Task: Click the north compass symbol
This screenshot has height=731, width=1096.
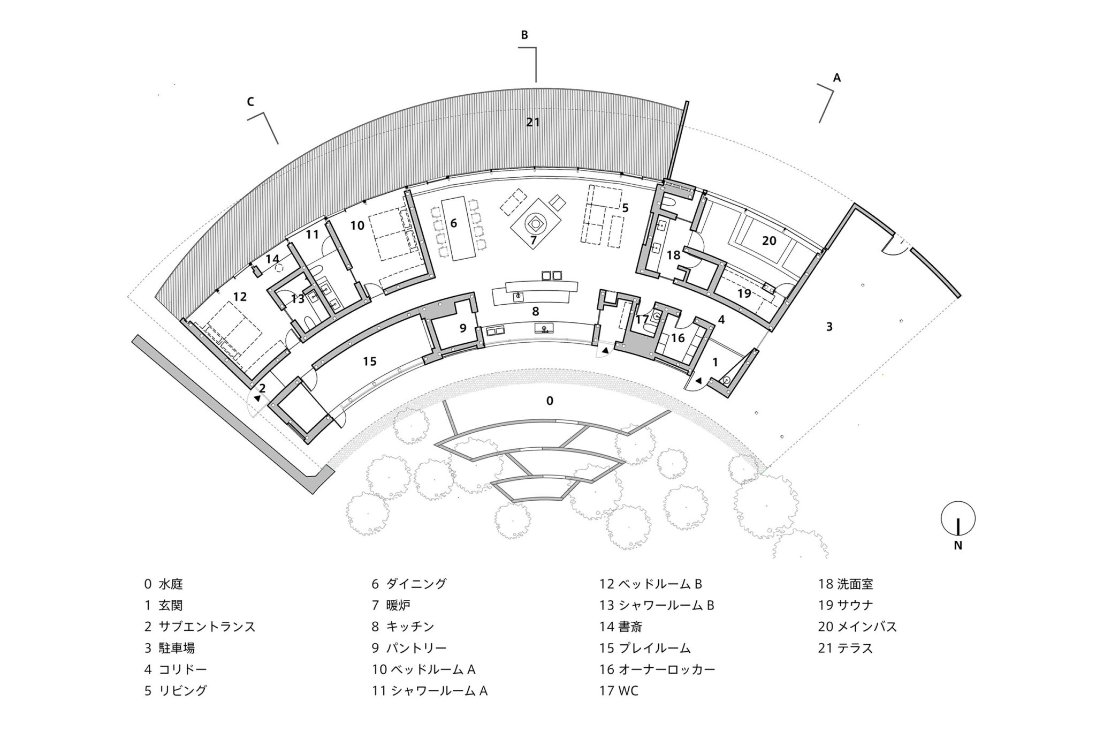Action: tap(958, 518)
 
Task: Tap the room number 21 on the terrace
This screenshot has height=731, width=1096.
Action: tap(532, 122)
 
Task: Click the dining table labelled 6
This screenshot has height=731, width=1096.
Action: tap(454, 228)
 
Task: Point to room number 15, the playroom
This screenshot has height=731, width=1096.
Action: tap(370, 361)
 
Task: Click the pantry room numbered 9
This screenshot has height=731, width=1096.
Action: tap(463, 328)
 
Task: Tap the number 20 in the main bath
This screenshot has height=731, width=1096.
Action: tap(769, 241)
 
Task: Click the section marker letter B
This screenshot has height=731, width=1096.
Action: tap(524, 35)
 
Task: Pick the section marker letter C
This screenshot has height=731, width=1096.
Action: tap(250, 101)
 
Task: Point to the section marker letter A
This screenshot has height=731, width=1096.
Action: tap(837, 78)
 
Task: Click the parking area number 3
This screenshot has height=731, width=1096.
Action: tap(829, 326)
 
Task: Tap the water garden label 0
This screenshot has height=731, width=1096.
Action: tap(549, 401)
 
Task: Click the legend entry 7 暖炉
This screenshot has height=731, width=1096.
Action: tap(391, 605)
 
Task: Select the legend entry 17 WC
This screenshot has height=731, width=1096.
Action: tap(619, 691)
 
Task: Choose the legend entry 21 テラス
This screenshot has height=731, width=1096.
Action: tap(846, 648)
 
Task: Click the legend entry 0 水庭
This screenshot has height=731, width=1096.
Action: tap(164, 584)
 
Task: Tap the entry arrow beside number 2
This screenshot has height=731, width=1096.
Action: tap(257, 398)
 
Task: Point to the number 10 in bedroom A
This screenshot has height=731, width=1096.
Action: tap(357, 225)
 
